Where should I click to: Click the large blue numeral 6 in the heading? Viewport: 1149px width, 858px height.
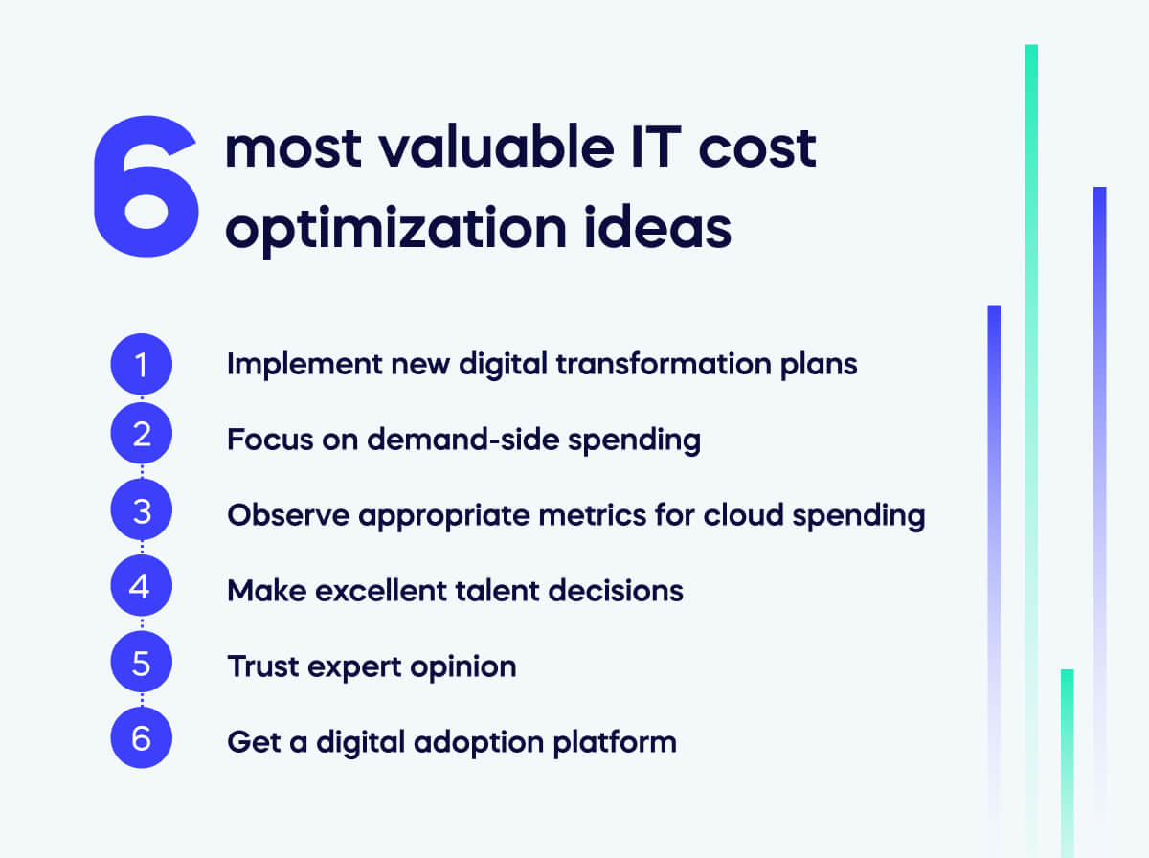coord(146,188)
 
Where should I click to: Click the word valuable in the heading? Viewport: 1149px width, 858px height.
coord(479,149)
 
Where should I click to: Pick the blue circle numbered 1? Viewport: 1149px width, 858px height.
coord(141,365)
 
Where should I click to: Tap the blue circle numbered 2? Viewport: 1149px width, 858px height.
coord(141,437)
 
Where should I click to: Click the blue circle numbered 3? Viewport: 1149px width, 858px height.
coord(141,512)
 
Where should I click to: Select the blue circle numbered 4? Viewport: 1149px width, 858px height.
coord(141,586)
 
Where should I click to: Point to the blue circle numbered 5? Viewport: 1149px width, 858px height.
coord(141,663)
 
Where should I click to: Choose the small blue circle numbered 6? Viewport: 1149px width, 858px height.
coord(141,738)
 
